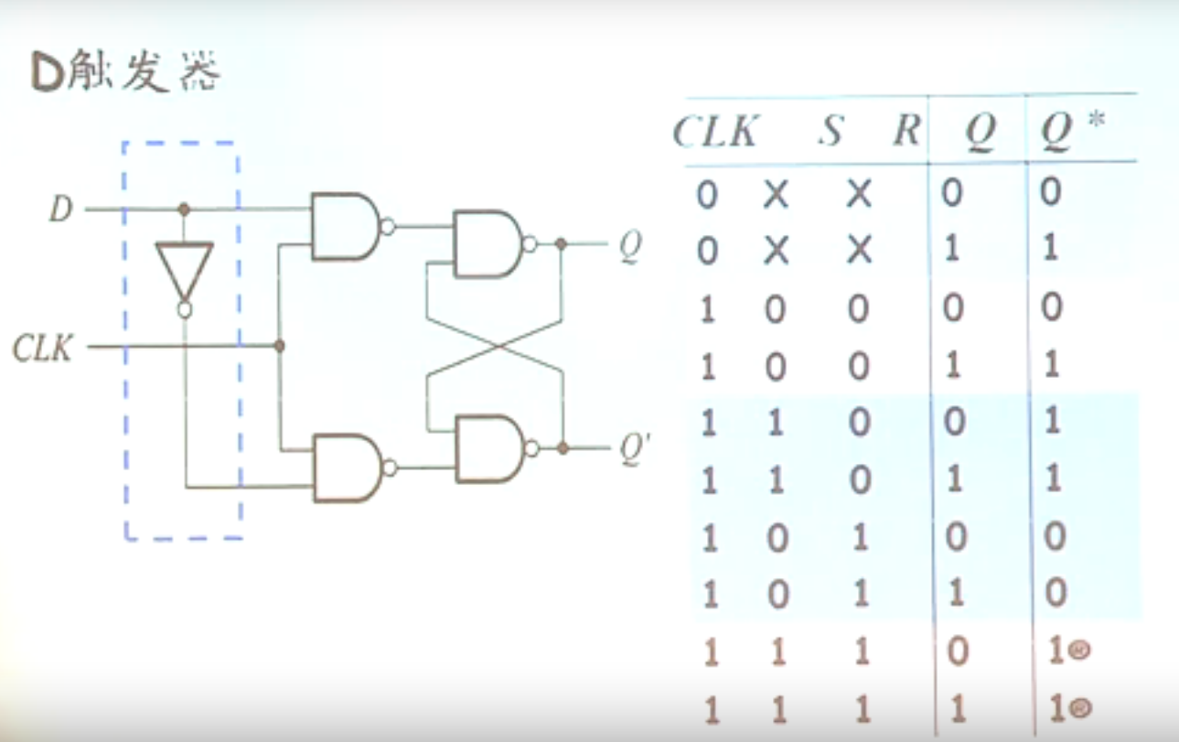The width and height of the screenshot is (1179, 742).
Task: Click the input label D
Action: pyautogui.click(x=60, y=210)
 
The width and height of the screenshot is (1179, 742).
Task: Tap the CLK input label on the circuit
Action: pyautogui.click(x=42, y=349)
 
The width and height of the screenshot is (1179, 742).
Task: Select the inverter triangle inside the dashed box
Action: pyautogui.click(x=184, y=271)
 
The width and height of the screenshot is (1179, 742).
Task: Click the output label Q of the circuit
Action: pyautogui.click(x=629, y=246)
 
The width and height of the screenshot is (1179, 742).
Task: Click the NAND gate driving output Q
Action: pyautogui.click(x=487, y=244)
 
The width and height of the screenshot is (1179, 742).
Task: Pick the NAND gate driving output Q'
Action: pyautogui.click(x=488, y=448)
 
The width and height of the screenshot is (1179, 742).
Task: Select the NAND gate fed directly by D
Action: pyautogui.click(x=344, y=225)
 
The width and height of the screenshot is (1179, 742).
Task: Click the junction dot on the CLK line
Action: pyautogui.click(x=280, y=346)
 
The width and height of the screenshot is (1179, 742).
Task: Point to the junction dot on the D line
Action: pyautogui.click(x=184, y=210)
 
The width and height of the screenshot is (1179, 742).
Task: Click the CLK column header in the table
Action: pyautogui.click(x=714, y=134)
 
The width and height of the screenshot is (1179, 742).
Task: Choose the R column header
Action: pyautogui.click(x=906, y=134)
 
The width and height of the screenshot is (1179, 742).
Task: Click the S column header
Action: pyautogui.click(x=830, y=134)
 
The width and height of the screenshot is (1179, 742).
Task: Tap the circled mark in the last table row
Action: pyautogui.click(x=1081, y=708)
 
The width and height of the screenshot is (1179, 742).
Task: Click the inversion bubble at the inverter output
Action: pyautogui.click(x=184, y=310)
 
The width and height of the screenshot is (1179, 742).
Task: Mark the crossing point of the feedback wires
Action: pyautogui.click(x=495, y=347)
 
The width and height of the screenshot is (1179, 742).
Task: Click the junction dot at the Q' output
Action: pyautogui.click(x=563, y=448)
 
